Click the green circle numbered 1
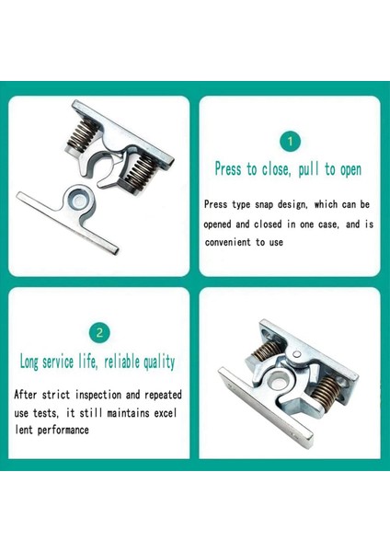(289, 141)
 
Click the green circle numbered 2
(98, 332)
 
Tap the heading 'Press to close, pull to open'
(288, 169)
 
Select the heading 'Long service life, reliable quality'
(97, 362)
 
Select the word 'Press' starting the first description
(217, 203)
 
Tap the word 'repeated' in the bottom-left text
(161, 395)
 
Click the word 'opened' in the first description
(222, 224)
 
